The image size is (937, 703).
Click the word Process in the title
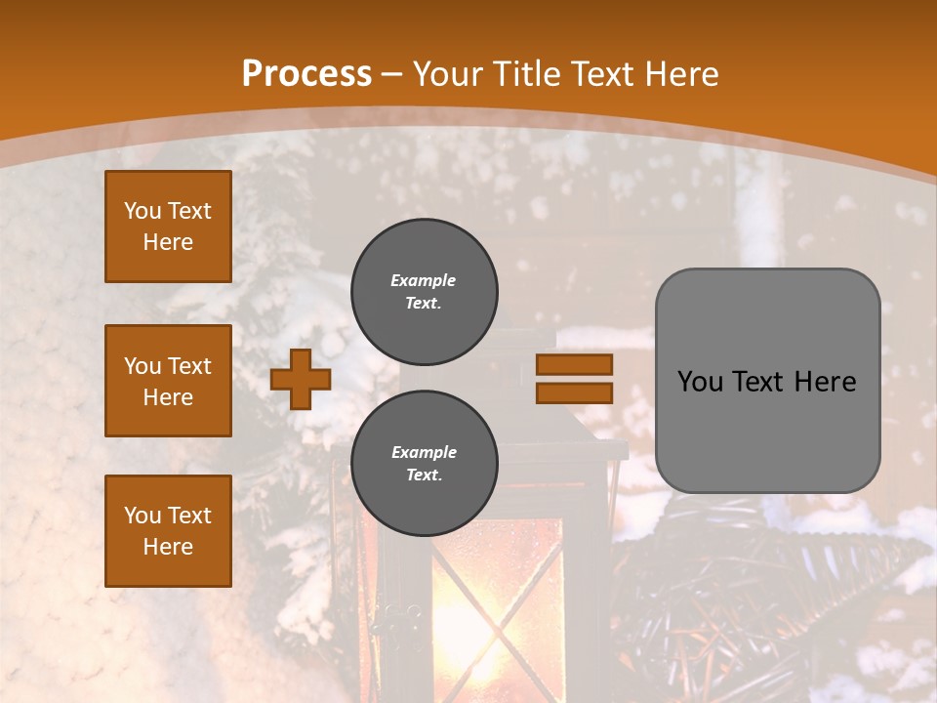[306, 74]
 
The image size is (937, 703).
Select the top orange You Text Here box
[168, 227]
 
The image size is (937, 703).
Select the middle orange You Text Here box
[168, 381]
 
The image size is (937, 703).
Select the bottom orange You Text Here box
[168, 530]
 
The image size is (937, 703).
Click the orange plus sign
[300, 379]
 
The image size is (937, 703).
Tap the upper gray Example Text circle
[424, 292]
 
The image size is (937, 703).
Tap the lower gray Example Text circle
[424, 464]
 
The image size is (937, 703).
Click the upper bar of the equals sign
[574, 364]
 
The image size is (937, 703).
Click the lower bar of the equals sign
[574, 393]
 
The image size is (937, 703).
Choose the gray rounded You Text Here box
[767, 381]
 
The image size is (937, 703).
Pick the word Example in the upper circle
[424, 280]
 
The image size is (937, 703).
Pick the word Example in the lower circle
[424, 452]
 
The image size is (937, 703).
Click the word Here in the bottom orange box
[168, 547]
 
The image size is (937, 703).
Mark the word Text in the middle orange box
[189, 366]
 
